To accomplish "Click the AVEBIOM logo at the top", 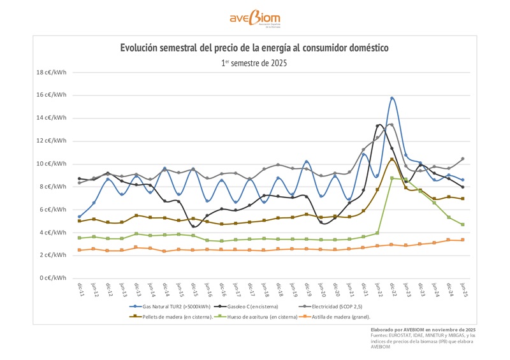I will click(x=254, y=18).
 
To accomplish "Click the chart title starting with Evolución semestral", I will click(x=254, y=48).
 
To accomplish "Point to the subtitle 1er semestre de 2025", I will click(x=254, y=63).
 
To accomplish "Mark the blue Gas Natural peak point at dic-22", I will click(x=392, y=98).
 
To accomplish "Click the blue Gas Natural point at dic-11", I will click(x=79, y=217).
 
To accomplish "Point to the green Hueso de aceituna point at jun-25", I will click(x=463, y=224).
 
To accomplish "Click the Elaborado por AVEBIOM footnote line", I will click(x=423, y=329).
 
